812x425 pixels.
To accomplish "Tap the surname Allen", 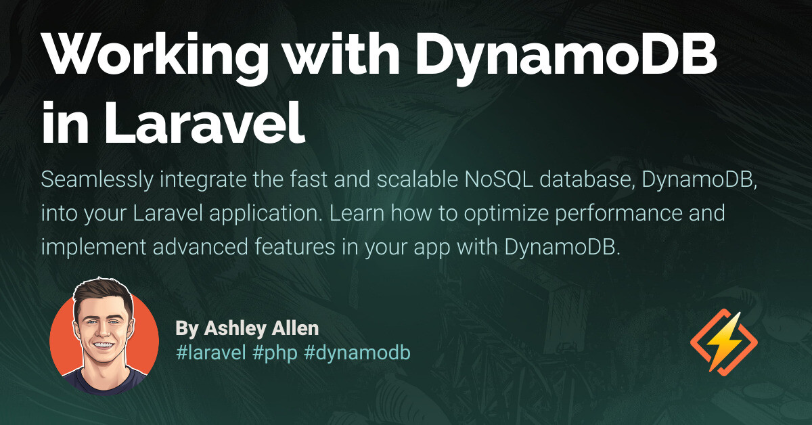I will [x=296, y=329].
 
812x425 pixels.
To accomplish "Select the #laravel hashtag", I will [x=210, y=353].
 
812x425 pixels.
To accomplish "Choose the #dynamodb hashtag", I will [x=358, y=353].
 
